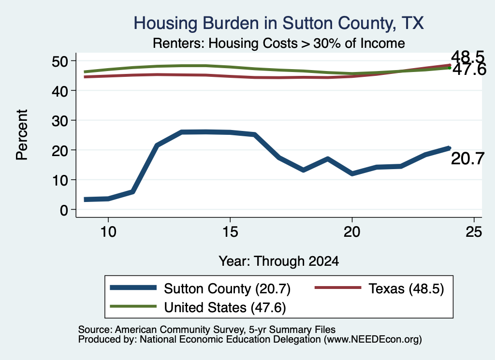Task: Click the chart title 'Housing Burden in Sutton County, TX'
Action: (278, 23)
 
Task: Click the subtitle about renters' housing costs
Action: (279, 43)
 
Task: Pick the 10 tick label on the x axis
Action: (108, 232)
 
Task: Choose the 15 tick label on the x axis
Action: (230, 232)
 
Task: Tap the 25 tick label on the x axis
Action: (474, 232)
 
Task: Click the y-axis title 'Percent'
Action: (22, 135)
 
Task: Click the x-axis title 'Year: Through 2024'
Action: (279, 261)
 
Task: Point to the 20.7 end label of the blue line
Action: (467, 158)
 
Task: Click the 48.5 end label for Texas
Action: (467, 57)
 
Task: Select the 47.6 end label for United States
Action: (469, 70)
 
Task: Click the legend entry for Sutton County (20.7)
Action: (200, 288)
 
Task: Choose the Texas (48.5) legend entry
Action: (379, 288)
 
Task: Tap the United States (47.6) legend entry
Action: (198, 307)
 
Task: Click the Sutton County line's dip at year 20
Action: (352, 173)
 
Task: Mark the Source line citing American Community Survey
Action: (207, 330)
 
